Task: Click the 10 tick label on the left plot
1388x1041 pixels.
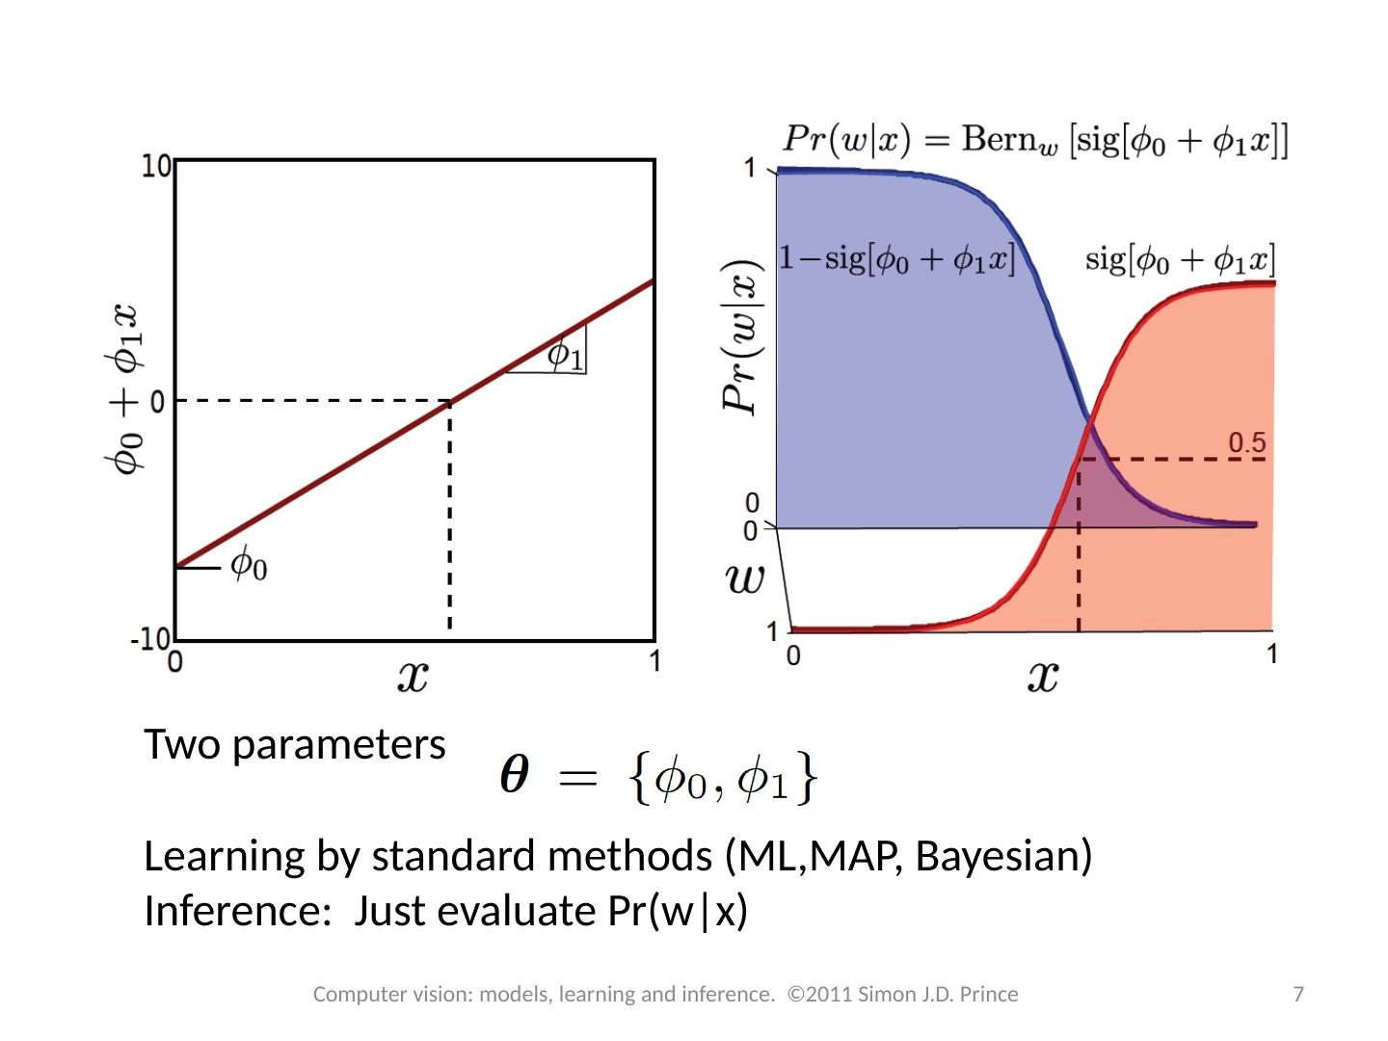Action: click(158, 166)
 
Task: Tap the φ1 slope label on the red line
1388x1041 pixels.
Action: click(565, 355)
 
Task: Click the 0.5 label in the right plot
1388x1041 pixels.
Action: click(1245, 442)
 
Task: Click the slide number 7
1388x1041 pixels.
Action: click(1298, 994)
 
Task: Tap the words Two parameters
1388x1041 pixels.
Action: click(294, 744)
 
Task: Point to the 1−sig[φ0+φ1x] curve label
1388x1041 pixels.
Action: click(896, 260)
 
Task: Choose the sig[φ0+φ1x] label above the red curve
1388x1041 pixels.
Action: click(1181, 259)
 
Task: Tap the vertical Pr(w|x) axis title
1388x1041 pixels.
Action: click(743, 337)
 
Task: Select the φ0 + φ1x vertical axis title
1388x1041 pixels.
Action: click(124, 389)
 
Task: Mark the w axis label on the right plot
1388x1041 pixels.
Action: click(745, 579)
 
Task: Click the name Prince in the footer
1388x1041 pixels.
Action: click(991, 994)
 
